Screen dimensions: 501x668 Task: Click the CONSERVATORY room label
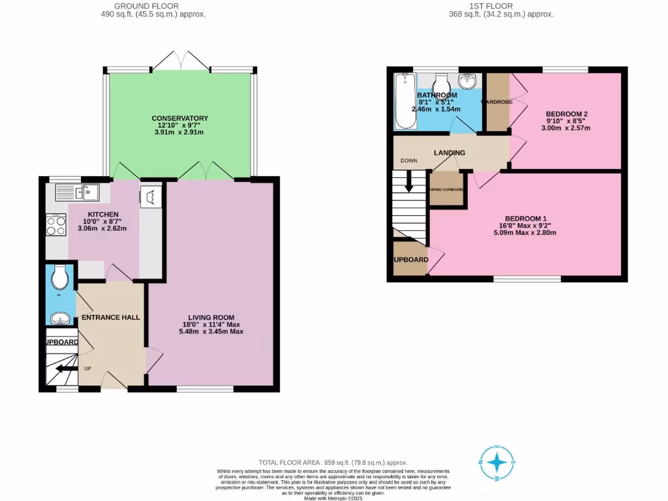179,118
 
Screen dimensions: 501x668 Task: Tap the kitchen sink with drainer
76,191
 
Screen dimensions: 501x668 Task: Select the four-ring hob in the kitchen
56,225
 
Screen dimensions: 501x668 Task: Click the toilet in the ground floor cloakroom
59,279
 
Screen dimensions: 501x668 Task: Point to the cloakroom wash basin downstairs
59,319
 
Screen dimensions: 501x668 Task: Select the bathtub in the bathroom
402,102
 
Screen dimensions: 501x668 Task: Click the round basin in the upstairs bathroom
467,82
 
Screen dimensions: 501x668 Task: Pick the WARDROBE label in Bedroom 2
497,102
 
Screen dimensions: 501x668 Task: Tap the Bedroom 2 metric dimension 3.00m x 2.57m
567,128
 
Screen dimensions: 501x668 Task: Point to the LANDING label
449,153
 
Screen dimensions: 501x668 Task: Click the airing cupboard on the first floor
446,189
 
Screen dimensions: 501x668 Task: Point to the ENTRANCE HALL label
111,317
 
